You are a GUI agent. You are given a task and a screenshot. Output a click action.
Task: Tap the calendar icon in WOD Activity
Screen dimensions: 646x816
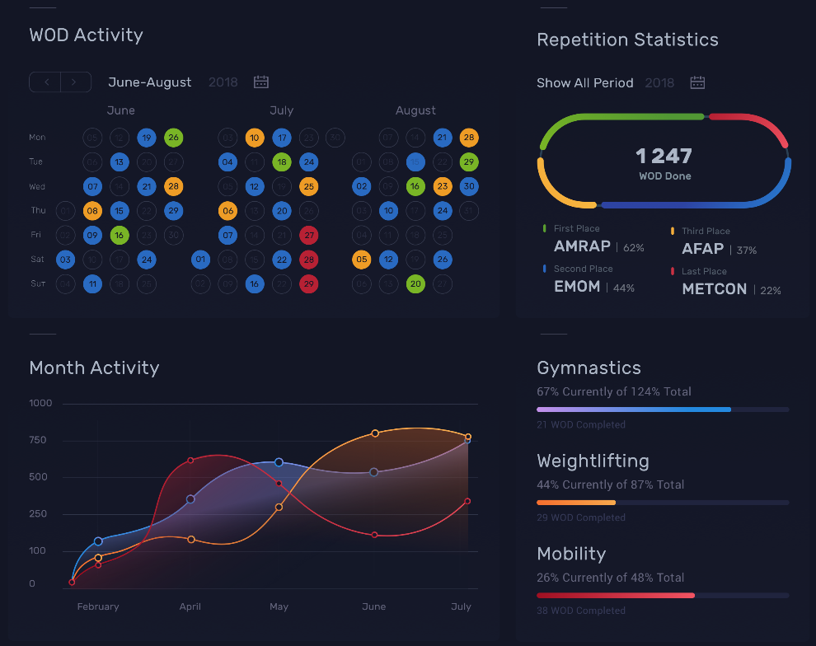click(x=261, y=82)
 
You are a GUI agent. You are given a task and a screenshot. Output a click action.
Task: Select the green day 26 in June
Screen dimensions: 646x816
click(x=173, y=138)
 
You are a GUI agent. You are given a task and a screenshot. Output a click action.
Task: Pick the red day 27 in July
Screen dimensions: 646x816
click(x=308, y=236)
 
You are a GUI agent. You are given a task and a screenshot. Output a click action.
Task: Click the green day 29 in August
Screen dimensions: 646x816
click(x=469, y=161)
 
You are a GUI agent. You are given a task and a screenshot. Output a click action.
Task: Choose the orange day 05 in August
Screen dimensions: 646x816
click(x=361, y=260)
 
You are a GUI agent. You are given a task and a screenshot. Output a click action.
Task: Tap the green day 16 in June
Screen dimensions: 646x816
click(x=120, y=236)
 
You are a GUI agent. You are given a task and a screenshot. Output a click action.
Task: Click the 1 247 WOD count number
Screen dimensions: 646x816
click(x=664, y=156)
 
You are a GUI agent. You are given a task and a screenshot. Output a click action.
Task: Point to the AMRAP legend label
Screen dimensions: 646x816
click(x=582, y=246)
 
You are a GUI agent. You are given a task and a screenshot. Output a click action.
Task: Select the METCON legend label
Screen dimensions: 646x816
click(x=714, y=289)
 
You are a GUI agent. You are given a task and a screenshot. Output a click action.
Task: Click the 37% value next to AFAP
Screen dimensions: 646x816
click(x=746, y=250)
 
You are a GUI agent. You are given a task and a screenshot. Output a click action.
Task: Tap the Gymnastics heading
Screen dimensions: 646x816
click(x=589, y=368)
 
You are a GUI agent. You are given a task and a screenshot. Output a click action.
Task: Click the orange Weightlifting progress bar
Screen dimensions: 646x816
click(x=576, y=503)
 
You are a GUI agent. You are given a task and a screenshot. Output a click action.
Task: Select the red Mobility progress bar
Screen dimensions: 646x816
click(x=615, y=595)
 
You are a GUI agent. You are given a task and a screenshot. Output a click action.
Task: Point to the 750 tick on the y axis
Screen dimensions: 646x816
click(x=40, y=440)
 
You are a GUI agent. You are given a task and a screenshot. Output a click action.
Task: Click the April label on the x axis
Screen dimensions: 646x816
click(x=190, y=606)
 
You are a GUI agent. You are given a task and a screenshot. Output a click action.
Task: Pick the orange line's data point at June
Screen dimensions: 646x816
click(x=375, y=433)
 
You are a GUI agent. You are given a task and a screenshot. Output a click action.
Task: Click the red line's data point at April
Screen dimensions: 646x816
click(x=190, y=461)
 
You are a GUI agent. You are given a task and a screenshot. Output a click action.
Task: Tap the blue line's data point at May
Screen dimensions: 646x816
click(x=279, y=462)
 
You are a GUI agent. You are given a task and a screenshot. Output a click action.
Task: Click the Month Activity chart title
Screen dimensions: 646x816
click(x=94, y=368)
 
